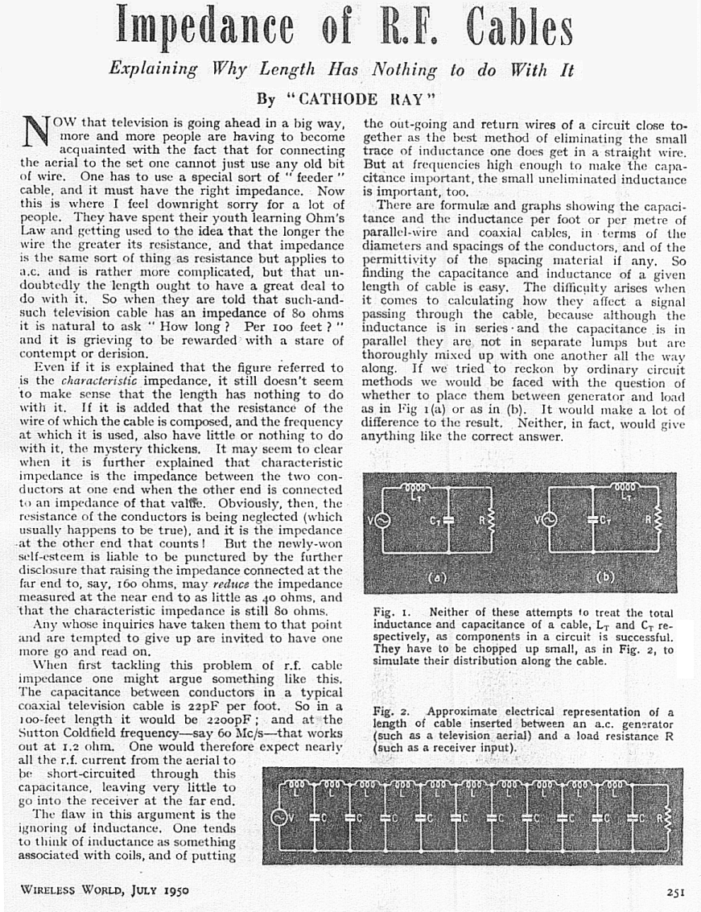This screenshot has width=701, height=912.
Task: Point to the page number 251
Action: pos(675,891)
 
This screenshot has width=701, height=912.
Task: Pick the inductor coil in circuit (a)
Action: pos(417,488)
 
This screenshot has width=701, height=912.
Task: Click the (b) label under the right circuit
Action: pos(606,576)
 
